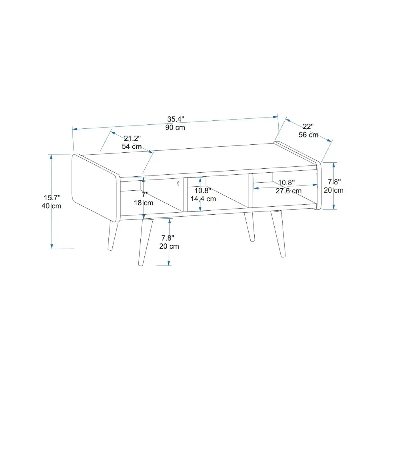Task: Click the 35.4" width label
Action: (x=176, y=119)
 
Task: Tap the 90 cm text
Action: (x=175, y=128)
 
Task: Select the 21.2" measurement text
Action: (x=132, y=139)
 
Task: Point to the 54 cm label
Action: (x=132, y=147)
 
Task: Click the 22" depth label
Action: (x=308, y=127)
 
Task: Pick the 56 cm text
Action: (x=308, y=135)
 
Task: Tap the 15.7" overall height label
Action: (x=52, y=198)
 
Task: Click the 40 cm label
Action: (x=52, y=206)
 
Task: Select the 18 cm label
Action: (x=144, y=203)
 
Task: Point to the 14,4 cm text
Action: (x=203, y=199)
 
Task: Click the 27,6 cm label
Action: (x=288, y=191)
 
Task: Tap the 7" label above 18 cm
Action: (x=145, y=195)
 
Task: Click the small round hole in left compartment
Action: (x=178, y=184)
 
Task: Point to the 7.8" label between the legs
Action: (x=168, y=238)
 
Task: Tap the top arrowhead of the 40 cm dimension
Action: (x=52, y=157)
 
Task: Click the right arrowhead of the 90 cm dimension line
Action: (x=275, y=117)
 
